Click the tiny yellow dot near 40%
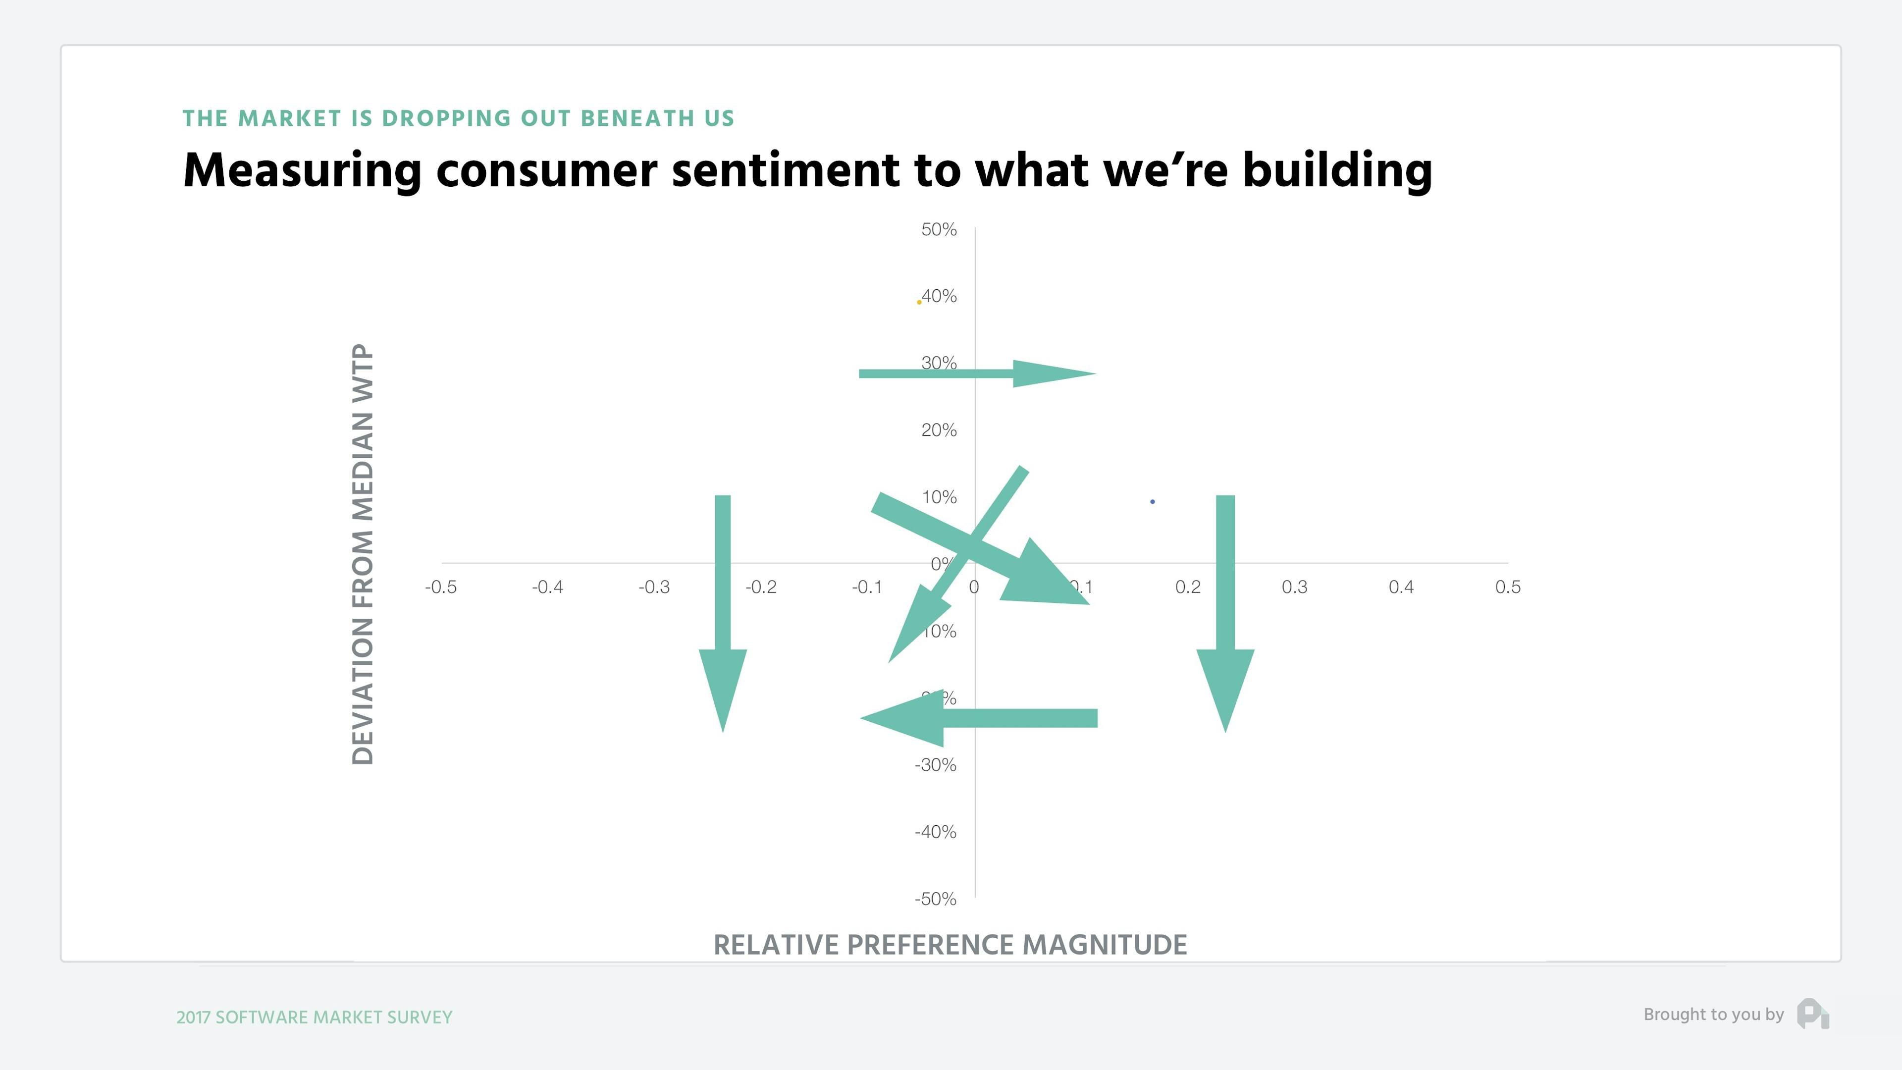[x=918, y=302]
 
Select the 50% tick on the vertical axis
[x=939, y=230]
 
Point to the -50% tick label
[x=935, y=899]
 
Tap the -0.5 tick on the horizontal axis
[x=441, y=587]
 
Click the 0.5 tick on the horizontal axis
[x=1508, y=587]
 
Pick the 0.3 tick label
[x=1294, y=587]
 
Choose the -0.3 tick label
[x=654, y=587]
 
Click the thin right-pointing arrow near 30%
[x=975, y=374]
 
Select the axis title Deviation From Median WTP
[x=363, y=554]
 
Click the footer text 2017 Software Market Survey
[x=315, y=1017]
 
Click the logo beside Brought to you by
[x=1813, y=1014]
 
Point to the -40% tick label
[x=935, y=832]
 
